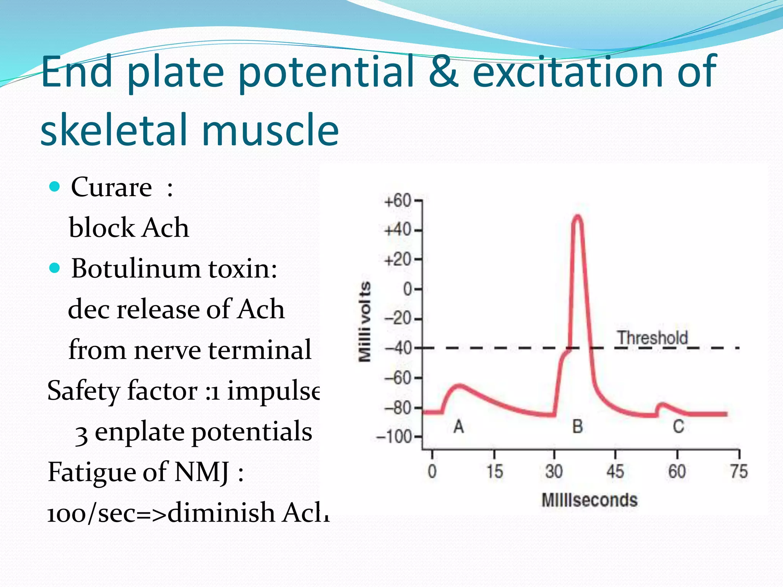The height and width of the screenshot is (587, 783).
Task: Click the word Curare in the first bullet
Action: click(x=111, y=187)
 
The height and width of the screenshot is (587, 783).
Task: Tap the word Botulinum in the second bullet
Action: click(x=136, y=268)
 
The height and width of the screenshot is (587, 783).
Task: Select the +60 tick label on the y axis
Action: click(x=398, y=201)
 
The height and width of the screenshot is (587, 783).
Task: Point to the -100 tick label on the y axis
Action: click(x=395, y=437)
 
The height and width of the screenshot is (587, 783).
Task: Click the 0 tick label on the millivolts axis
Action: click(x=408, y=289)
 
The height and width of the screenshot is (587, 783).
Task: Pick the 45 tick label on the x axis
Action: click(x=615, y=471)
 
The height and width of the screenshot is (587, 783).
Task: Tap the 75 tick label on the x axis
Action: click(x=739, y=471)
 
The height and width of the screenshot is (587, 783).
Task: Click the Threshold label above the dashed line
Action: click(x=653, y=338)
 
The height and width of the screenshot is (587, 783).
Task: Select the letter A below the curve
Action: click(x=459, y=426)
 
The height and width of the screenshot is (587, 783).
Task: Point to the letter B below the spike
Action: click(x=577, y=426)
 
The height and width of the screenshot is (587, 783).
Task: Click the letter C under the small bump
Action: click(x=678, y=426)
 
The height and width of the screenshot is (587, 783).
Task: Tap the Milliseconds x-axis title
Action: click(x=590, y=500)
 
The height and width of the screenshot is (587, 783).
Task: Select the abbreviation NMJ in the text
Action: click(x=202, y=472)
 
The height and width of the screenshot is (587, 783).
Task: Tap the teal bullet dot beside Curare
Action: click(x=55, y=187)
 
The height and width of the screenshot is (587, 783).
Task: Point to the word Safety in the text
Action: click(x=84, y=391)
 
